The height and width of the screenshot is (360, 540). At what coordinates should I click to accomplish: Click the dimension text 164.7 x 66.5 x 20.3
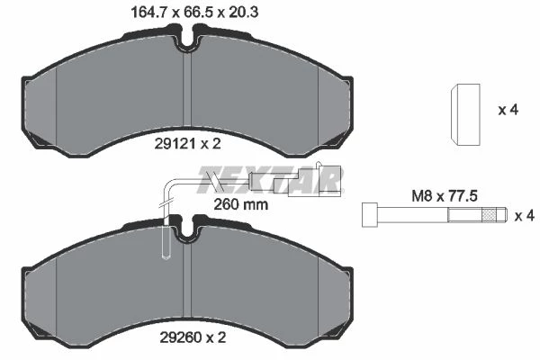[x=194, y=13]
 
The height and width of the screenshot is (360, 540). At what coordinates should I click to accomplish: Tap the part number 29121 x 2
[x=187, y=144]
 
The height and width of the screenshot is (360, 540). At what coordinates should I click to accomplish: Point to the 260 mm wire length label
[x=240, y=204]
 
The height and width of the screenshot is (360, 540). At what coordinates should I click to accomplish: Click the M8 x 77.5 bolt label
[x=445, y=196]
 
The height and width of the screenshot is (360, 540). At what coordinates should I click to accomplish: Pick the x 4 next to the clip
[x=508, y=110]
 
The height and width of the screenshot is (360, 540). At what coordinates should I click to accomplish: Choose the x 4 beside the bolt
[x=525, y=216]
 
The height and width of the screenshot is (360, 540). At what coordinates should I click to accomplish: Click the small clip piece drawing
[x=465, y=114]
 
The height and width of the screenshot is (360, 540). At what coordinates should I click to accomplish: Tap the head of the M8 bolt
[x=370, y=215]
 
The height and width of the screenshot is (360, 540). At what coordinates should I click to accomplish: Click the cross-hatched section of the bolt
[x=489, y=215]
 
